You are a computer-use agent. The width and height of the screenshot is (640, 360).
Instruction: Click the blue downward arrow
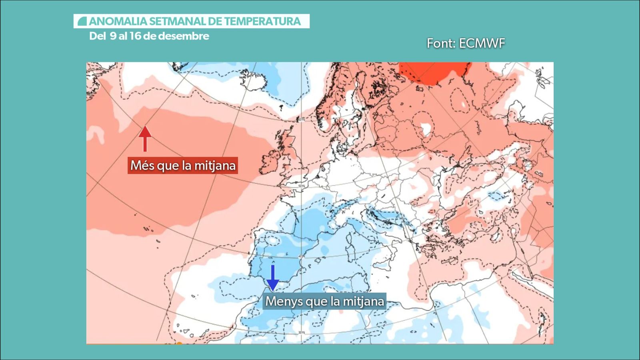pyautogui.click(x=272, y=277)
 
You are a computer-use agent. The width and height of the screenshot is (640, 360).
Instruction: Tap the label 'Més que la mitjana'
pyautogui.click(x=183, y=165)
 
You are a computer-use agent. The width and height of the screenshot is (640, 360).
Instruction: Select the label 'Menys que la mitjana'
pyautogui.click(x=324, y=301)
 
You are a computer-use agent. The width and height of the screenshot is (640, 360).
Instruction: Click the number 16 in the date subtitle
pyautogui.click(x=135, y=36)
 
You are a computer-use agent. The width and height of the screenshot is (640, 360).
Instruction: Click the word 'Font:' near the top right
pyautogui.click(x=440, y=43)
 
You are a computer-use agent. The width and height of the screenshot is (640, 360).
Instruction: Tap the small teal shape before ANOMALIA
pyautogui.click(x=82, y=21)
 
